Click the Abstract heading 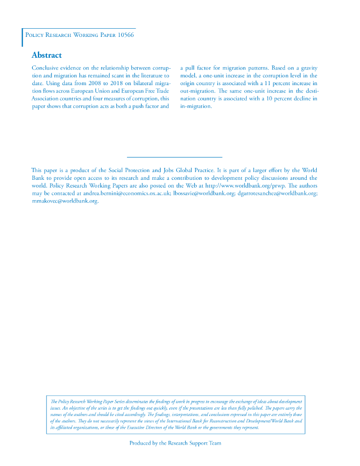[46, 56]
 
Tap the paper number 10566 [125, 35]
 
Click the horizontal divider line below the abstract [175, 157]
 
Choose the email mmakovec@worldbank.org [65, 201]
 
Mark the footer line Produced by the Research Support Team [175, 443]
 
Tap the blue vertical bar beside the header [22, 37]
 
